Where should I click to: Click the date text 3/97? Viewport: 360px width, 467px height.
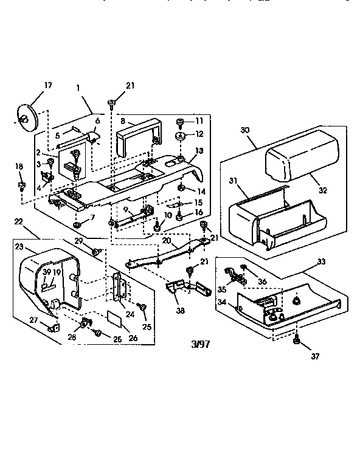point(199,344)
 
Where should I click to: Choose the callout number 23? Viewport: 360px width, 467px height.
point(18,247)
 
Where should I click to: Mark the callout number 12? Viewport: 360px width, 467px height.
point(199,134)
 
